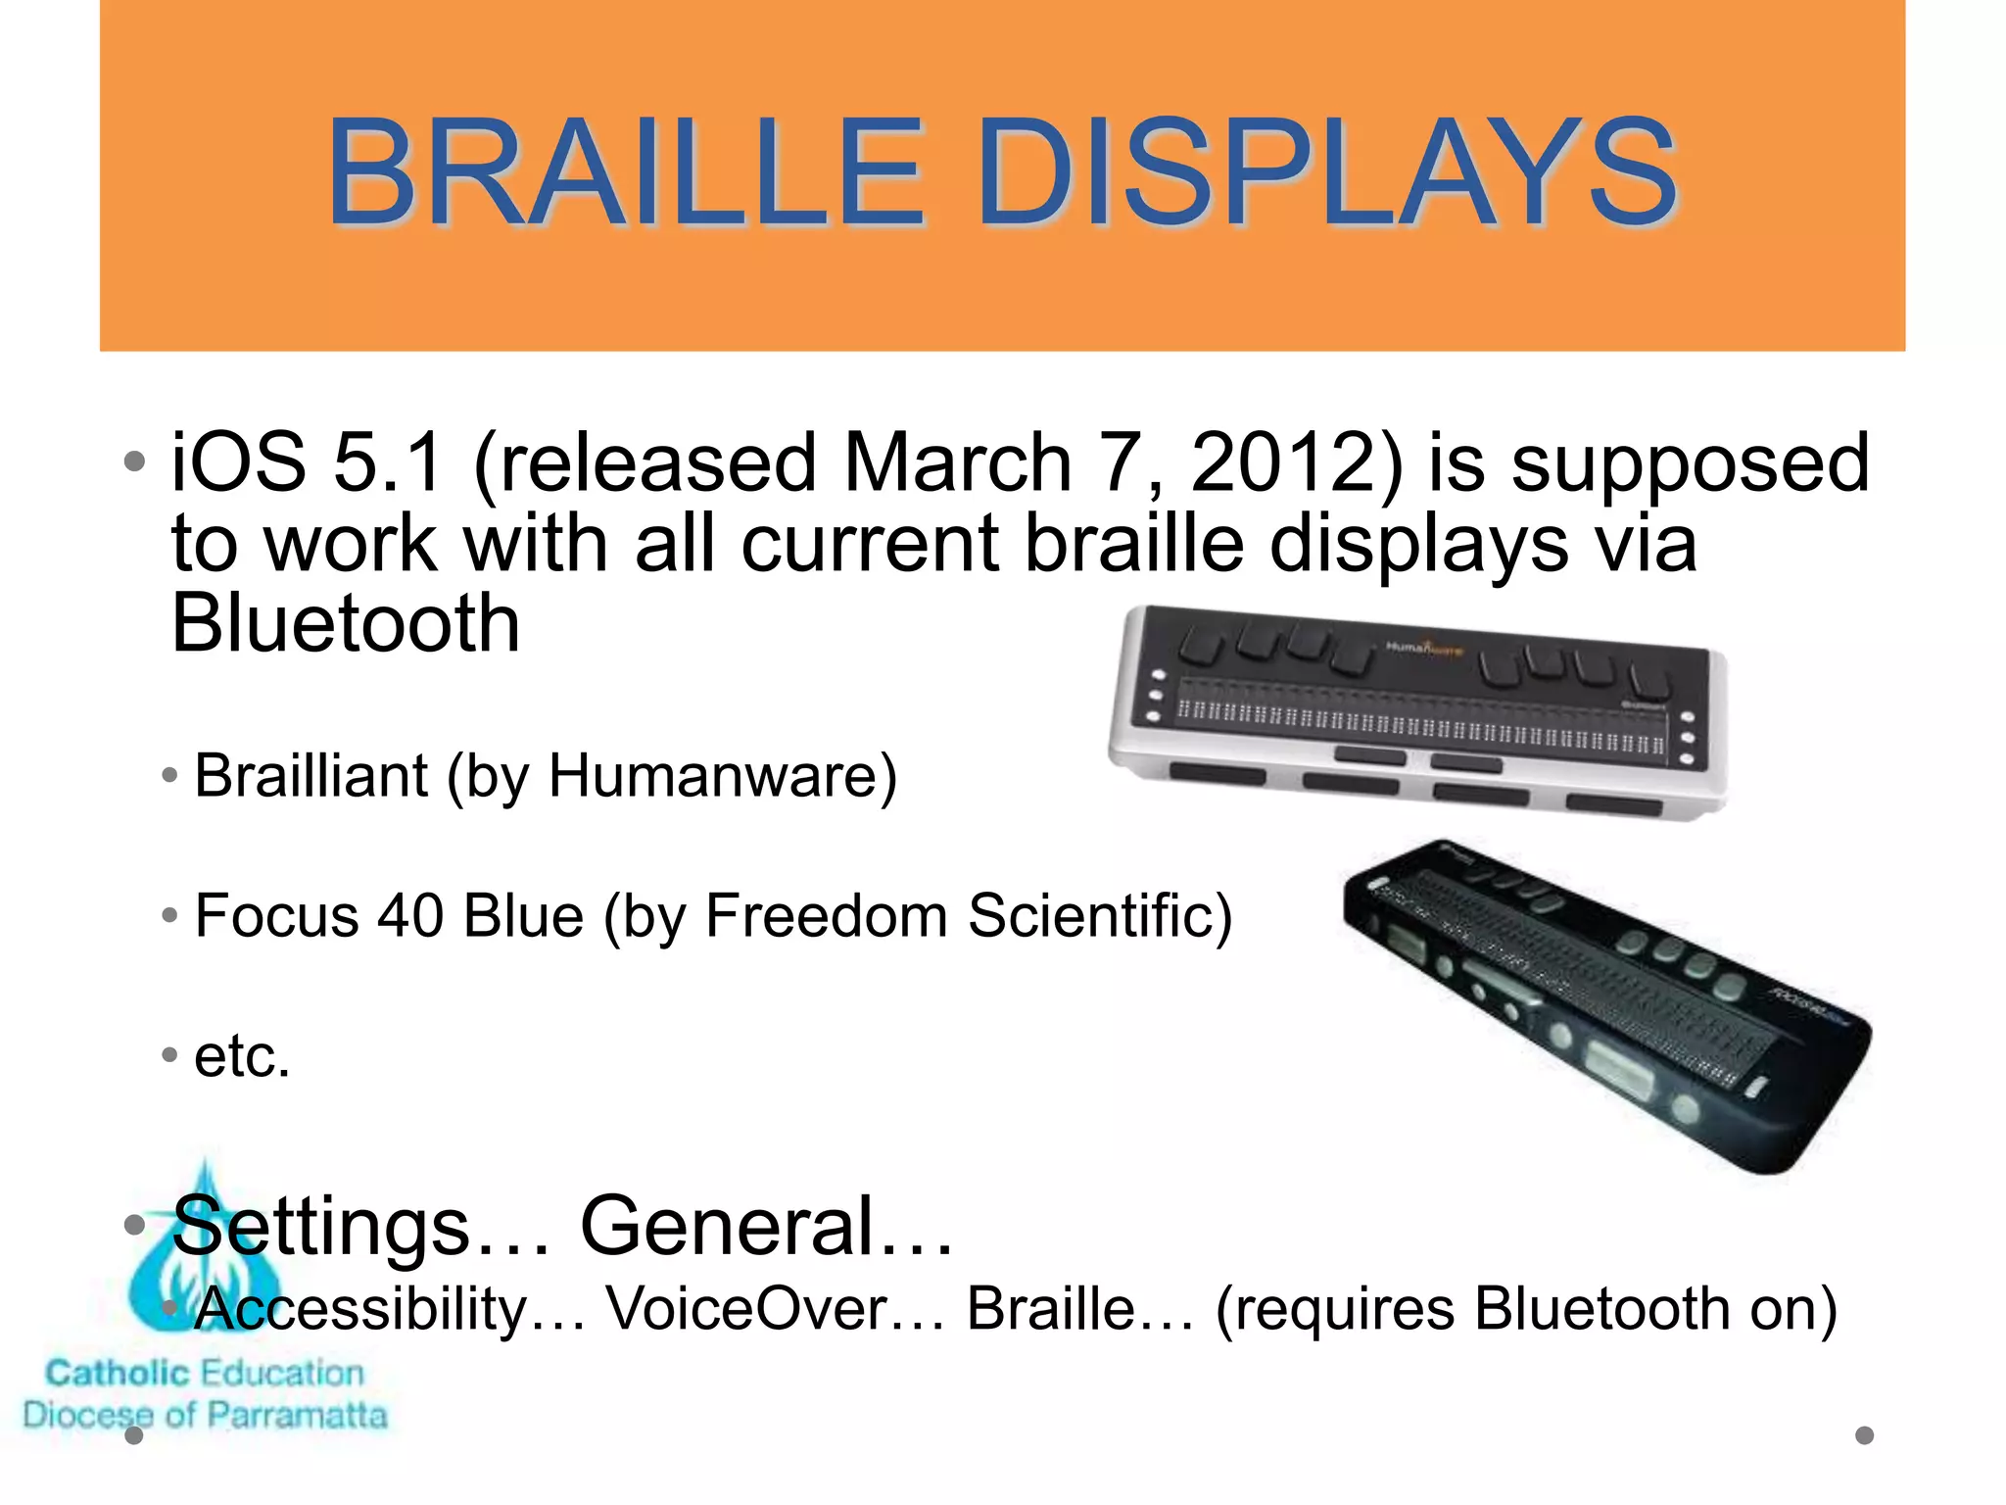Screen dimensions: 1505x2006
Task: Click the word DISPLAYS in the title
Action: (1327, 173)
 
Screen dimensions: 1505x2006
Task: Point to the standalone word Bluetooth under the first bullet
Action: (345, 624)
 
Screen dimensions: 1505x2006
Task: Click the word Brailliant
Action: (310, 776)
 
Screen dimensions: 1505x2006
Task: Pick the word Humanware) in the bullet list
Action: (723, 776)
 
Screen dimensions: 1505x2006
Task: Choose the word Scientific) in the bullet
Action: (1099, 916)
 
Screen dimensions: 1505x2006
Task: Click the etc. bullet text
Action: (242, 1057)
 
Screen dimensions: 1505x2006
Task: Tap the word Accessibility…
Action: (390, 1309)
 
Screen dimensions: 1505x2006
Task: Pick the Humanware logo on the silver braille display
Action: (1422, 649)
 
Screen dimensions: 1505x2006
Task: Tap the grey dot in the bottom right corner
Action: (1864, 1435)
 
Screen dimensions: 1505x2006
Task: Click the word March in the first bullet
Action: (957, 462)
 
